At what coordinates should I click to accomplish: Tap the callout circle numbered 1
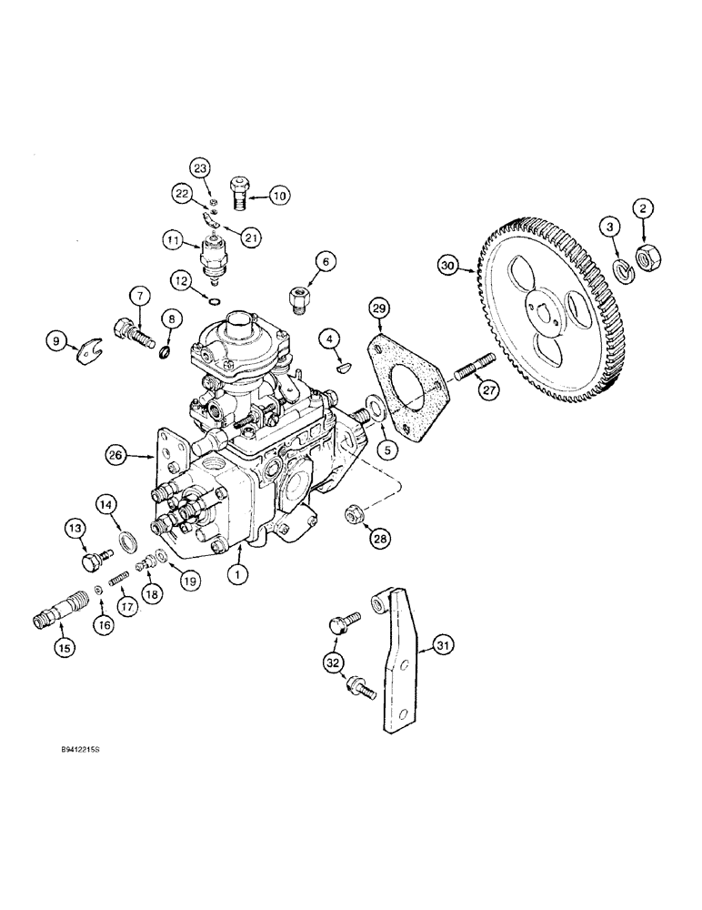(x=239, y=575)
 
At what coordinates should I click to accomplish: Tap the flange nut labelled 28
(x=352, y=516)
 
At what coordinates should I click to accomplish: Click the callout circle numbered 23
(x=200, y=167)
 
